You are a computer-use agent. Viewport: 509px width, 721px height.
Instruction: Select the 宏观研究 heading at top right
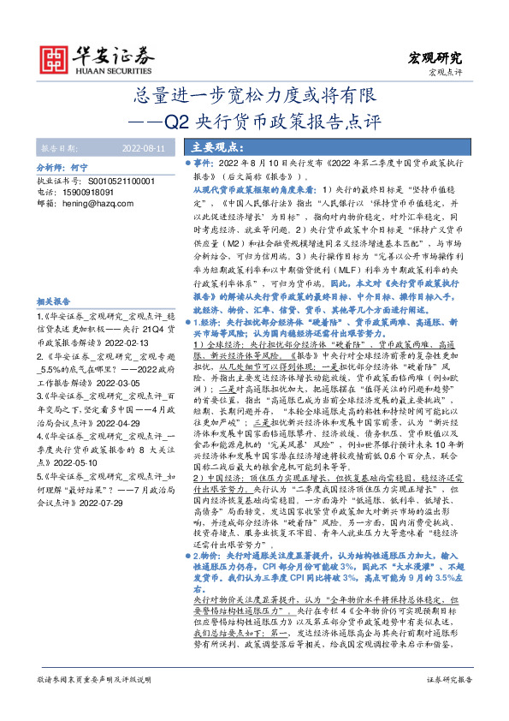pyautogui.click(x=434, y=58)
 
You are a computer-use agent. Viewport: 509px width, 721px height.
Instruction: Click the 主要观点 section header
pyautogui.click(x=219, y=146)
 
